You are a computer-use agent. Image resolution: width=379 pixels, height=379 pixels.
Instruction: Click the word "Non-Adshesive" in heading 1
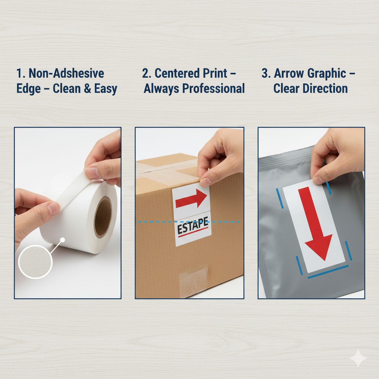66,73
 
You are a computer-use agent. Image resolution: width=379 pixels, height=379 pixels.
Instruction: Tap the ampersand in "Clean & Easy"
87,88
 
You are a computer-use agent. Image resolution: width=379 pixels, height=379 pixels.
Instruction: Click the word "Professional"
214,88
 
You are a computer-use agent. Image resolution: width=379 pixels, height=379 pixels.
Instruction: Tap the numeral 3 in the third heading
264,73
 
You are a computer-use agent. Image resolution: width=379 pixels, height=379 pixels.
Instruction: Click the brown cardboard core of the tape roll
103,216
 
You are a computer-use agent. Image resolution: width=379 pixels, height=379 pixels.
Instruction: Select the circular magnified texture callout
35,262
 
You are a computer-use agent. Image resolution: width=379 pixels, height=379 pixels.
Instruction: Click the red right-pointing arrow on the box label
191,198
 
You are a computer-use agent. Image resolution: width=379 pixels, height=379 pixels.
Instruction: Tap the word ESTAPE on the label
192,226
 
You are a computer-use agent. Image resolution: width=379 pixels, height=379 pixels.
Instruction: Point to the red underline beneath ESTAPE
193,232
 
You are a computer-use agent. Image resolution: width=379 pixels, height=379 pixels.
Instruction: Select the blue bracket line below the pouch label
328,272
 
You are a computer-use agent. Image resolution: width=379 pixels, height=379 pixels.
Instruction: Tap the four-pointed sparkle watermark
358,358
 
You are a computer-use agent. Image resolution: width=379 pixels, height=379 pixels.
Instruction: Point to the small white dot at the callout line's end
62,240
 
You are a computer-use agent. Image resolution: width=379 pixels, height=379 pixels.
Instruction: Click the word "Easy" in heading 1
105,89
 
